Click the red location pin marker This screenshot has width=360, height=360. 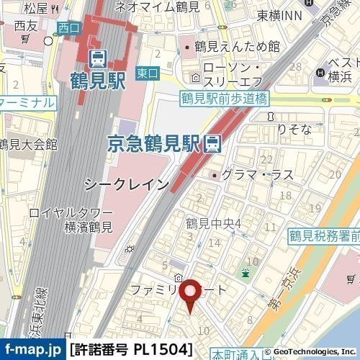pyautogui.click(x=190, y=294)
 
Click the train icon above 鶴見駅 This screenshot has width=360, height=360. pyautogui.click(x=96, y=56)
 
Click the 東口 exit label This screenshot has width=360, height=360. pyautogui.click(x=145, y=74)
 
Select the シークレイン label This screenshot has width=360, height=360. pyautogui.click(x=127, y=184)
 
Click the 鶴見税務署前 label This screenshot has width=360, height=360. pyautogui.click(x=324, y=235)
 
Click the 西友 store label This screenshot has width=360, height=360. pyautogui.click(x=25, y=27)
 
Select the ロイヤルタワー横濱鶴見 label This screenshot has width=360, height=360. pyautogui.click(x=71, y=220)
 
